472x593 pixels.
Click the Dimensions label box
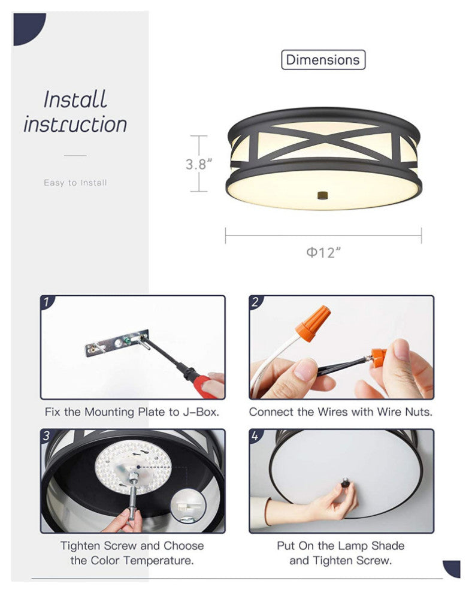click(x=323, y=60)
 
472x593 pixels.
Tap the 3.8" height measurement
click(x=198, y=164)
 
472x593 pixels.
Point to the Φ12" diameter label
click(x=323, y=252)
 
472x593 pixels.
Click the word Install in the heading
click(x=75, y=99)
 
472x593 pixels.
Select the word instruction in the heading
click(x=75, y=125)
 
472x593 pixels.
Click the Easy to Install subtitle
click(x=75, y=183)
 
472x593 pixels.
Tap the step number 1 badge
click(x=47, y=302)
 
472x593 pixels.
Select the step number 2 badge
click(x=256, y=302)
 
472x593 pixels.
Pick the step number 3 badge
click(x=47, y=435)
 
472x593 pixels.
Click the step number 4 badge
click(x=256, y=435)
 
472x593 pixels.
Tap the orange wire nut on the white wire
click(x=313, y=323)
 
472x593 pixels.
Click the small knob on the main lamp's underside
click(x=323, y=195)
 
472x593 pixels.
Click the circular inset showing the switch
click(x=188, y=506)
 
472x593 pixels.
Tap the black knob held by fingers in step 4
click(x=345, y=482)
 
